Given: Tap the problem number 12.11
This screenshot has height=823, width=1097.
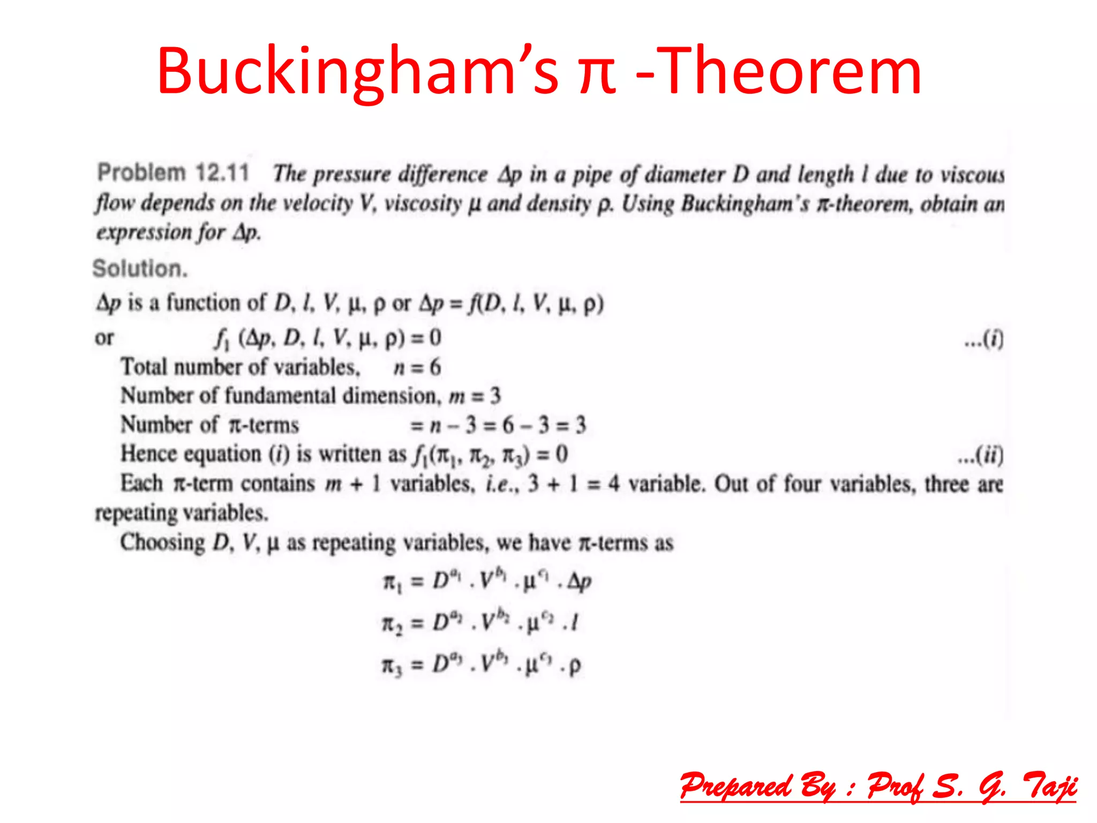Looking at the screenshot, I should pyautogui.click(x=222, y=173).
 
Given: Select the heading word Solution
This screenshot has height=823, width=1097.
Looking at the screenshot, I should pyautogui.click(x=140, y=268).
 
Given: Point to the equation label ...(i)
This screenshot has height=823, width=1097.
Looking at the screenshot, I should pyautogui.click(x=983, y=339).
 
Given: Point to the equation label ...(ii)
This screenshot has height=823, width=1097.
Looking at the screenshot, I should pyautogui.click(x=980, y=455).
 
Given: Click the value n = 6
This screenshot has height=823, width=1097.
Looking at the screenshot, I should pyautogui.click(x=417, y=367).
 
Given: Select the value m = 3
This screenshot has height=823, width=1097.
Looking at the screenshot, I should pyautogui.click(x=475, y=396).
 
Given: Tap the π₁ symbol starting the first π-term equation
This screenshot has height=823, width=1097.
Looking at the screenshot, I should pyautogui.click(x=392, y=582).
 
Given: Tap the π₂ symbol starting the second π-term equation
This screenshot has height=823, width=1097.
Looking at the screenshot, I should pyautogui.click(x=392, y=624).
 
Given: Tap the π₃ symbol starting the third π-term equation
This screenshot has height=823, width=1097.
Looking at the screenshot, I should pyautogui.click(x=392, y=666).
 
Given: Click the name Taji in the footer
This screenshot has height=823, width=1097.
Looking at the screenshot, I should pyautogui.click(x=1050, y=787).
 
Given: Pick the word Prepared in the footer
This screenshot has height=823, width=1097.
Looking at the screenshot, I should pyautogui.click(x=735, y=787).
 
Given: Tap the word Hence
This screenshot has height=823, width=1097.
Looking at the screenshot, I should pyautogui.click(x=148, y=454).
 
